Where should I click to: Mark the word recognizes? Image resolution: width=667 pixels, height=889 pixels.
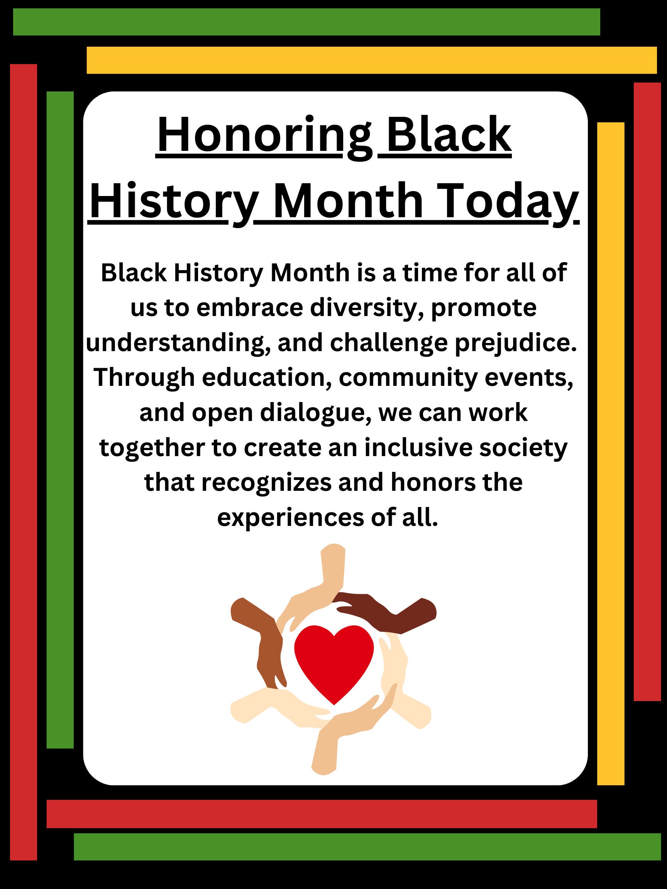(x=266, y=482)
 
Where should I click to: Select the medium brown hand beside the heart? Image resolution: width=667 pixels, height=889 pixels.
(x=261, y=639)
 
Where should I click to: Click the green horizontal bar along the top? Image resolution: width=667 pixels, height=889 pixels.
(x=306, y=22)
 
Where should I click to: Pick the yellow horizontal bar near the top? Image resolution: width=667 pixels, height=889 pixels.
(x=371, y=60)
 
